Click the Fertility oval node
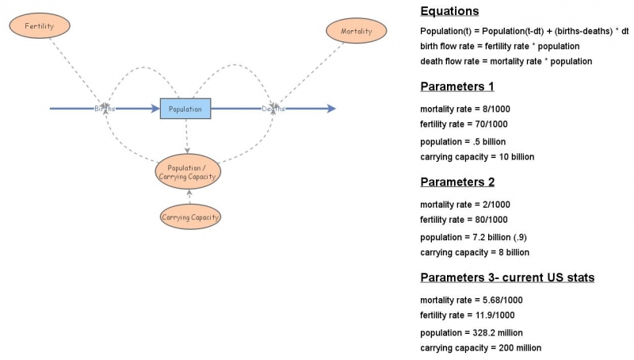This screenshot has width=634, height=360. pyautogui.click(x=40, y=25)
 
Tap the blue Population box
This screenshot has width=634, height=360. pyautogui.click(x=186, y=109)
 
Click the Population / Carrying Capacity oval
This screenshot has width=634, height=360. pyautogui.click(x=188, y=171)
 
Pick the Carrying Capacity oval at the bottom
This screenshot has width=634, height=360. pyautogui.click(x=189, y=216)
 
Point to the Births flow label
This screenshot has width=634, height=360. pyautogui.click(x=105, y=109)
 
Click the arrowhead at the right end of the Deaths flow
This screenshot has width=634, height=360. pyautogui.click(x=331, y=109)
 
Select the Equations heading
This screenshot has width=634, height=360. pyautogui.click(x=449, y=11)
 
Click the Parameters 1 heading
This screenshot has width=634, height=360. pyautogui.click(x=457, y=86)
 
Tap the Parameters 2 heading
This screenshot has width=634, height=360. pyautogui.click(x=457, y=182)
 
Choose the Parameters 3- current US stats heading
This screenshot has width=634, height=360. pyautogui.click(x=507, y=278)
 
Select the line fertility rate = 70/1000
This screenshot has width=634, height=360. pyautogui.click(x=464, y=124)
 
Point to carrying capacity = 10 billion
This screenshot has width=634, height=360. pyautogui.click(x=477, y=157)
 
